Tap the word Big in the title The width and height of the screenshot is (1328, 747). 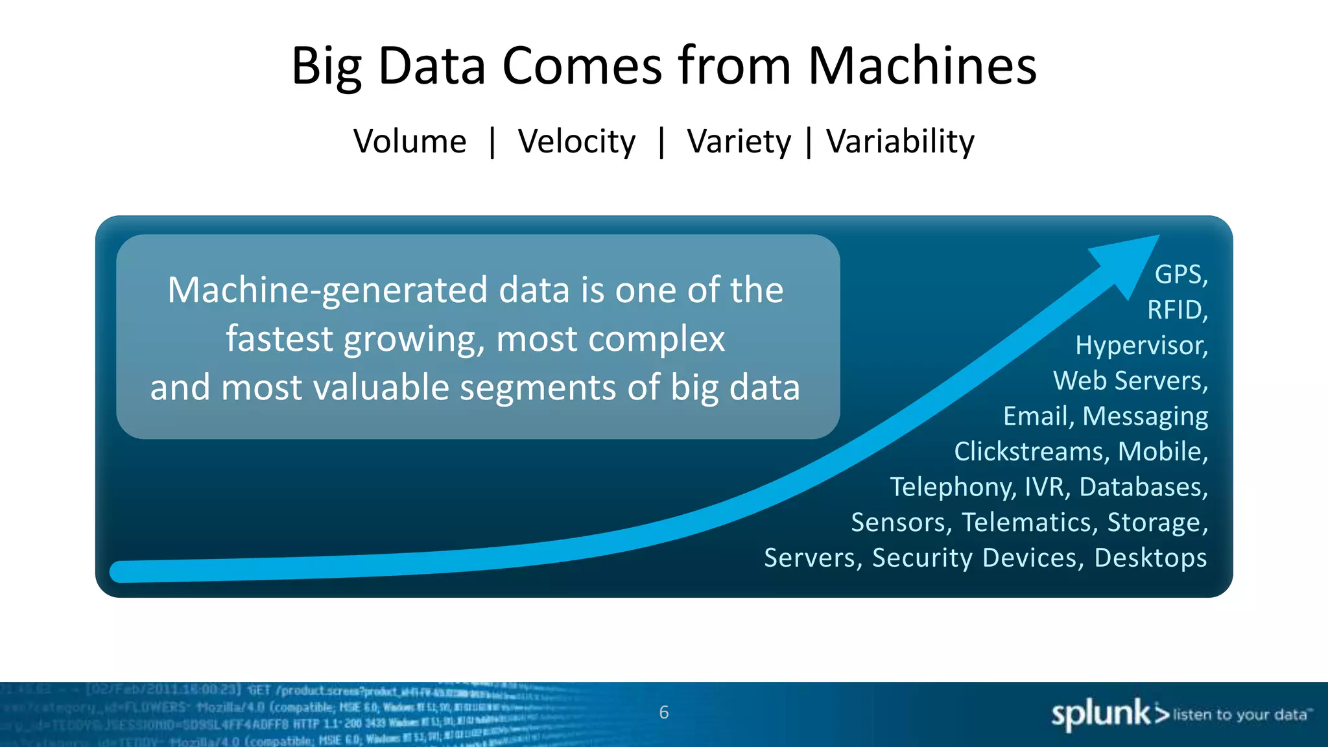326,67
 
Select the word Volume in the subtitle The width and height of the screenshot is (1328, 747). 410,141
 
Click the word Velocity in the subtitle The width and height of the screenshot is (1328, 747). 576,142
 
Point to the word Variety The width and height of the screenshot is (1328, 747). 739,142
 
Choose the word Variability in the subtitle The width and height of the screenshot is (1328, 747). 900,141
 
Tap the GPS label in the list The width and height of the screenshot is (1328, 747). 1179,274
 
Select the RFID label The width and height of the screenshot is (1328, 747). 1175,310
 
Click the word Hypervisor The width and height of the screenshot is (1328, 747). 1140,346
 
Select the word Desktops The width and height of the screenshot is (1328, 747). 1150,558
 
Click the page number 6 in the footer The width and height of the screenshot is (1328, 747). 663,713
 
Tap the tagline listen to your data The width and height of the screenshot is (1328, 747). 1240,715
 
